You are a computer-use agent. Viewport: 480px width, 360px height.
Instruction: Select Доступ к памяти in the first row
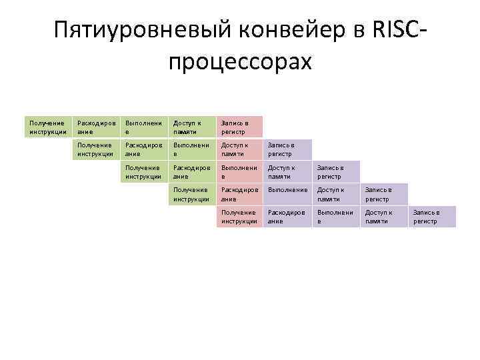coord(192,127)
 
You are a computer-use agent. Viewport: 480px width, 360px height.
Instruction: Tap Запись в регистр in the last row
coord(432,217)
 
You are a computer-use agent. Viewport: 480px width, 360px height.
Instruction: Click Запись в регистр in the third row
coord(336,172)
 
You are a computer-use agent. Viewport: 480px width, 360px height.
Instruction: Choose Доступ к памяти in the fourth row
coord(336,194)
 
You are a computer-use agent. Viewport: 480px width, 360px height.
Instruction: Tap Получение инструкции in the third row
coord(144,172)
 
